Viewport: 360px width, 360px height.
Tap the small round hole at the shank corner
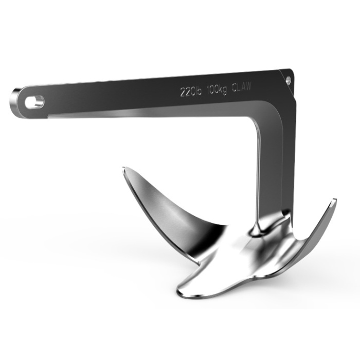[288, 80]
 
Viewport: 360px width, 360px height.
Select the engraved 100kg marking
[217, 91]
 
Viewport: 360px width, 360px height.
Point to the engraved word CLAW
[242, 88]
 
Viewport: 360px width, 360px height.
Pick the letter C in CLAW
[235, 89]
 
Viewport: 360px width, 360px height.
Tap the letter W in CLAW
[249, 87]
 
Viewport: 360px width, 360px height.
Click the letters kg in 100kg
[223, 91]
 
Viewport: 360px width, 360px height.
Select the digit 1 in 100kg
[208, 92]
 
